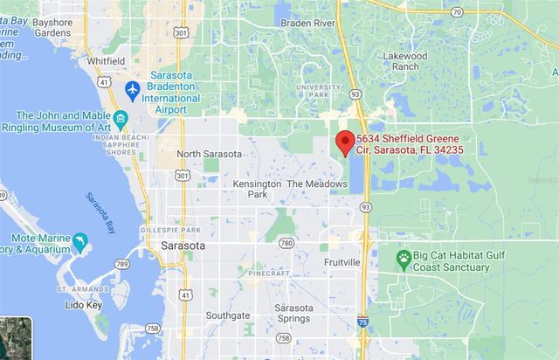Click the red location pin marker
point(344,143)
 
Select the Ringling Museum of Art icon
point(121,119)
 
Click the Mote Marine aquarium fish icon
point(80,240)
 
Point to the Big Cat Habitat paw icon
point(404,258)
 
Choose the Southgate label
point(228,315)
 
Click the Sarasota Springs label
point(296,315)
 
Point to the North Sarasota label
point(209,154)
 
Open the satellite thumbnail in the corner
point(16,339)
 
